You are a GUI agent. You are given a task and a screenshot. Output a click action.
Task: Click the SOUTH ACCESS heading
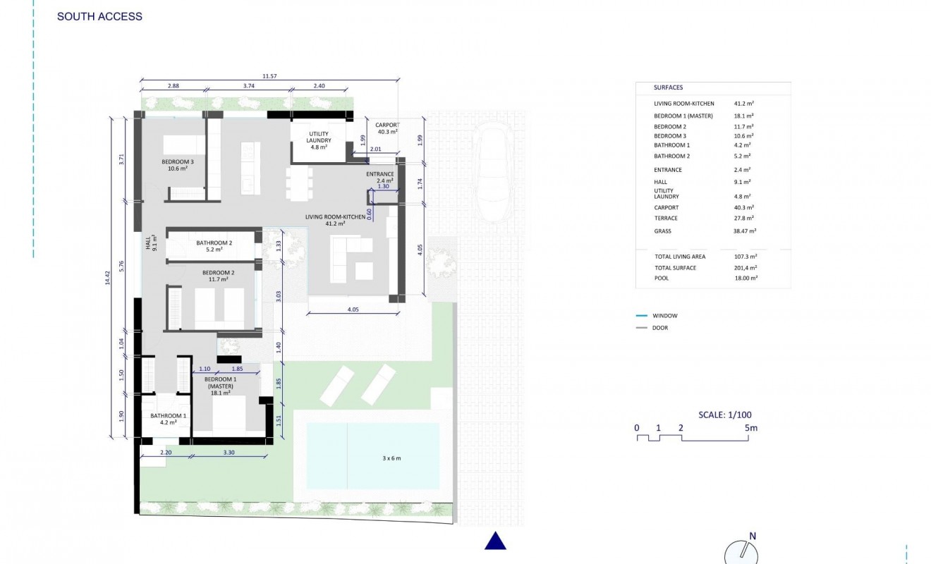(x=99, y=16)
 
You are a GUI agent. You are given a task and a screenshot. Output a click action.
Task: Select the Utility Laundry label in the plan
(x=319, y=140)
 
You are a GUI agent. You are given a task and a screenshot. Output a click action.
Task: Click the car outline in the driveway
(x=497, y=169)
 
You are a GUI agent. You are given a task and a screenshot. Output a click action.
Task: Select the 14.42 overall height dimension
(x=108, y=278)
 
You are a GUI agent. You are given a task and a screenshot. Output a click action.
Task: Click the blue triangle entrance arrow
(x=496, y=541)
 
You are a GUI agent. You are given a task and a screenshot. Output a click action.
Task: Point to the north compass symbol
(x=741, y=551)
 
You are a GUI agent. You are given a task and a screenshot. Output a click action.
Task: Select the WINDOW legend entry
(x=664, y=316)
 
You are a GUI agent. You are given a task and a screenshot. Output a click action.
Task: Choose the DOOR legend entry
(x=660, y=328)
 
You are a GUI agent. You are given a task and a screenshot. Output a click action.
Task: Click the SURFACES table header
(x=668, y=87)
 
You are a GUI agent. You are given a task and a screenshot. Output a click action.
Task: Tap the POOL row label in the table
(x=662, y=278)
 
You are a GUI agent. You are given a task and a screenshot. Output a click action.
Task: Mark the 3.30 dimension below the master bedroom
(x=229, y=452)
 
